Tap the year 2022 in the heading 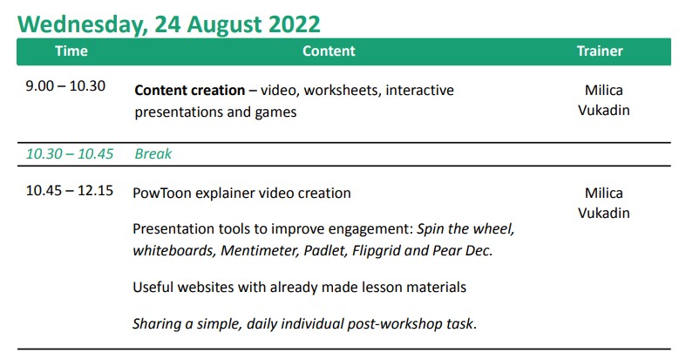click(x=295, y=24)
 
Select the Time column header click(x=71, y=51)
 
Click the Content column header click(x=329, y=51)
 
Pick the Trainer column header click(x=600, y=51)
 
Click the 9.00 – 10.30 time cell click(x=65, y=85)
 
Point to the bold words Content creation click(x=190, y=90)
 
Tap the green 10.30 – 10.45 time click(x=70, y=154)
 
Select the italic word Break click(x=153, y=154)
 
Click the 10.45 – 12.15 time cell click(x=70, y=191)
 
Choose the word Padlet click(x=325, y=251)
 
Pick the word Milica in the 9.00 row click(x=604, y=90)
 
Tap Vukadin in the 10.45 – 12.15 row click(x=604, y=213)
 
